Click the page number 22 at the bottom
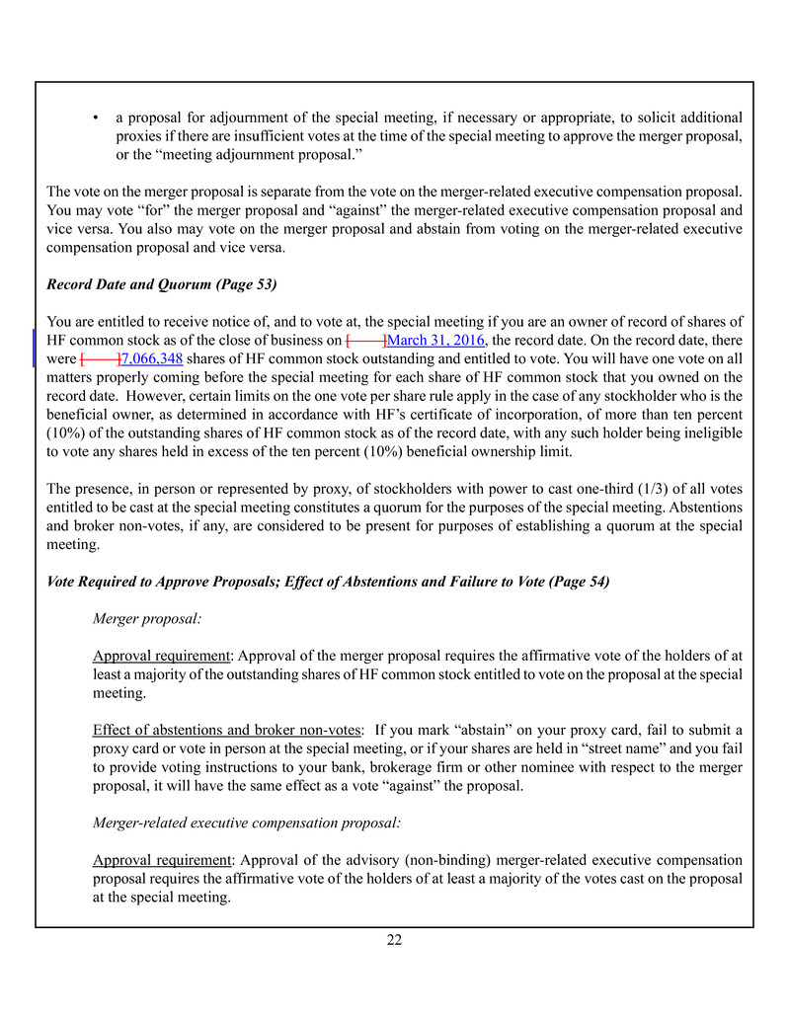coord(394,940)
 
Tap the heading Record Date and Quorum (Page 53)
coord(162,284)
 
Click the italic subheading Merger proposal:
coord(147,618)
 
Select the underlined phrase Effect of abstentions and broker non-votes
coord(226,730)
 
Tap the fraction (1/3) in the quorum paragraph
coord(626,489)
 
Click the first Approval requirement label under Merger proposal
coord(162,656)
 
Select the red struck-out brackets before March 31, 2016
coord(365,340)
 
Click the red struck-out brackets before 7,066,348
coord(100,358)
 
